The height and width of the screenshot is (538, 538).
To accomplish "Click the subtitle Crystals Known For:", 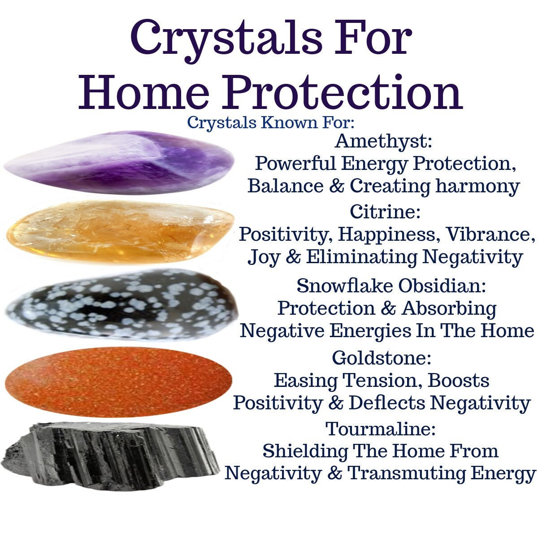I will click(271, 122).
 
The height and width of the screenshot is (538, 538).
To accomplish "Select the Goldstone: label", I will click(382, 358).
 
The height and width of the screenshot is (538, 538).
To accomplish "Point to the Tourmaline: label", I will click(381, 429).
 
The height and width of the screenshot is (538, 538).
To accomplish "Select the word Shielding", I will click(305, 451).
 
